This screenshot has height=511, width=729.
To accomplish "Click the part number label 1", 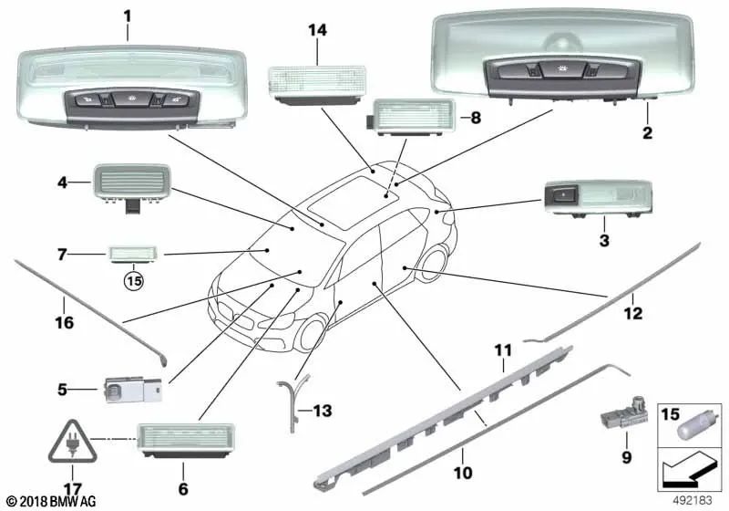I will coord(127,15).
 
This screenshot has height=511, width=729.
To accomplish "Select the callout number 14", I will coord(316,30).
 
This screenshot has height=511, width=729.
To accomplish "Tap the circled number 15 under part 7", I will coord(135,280).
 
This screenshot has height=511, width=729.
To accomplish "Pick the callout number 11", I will coord(504,350).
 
